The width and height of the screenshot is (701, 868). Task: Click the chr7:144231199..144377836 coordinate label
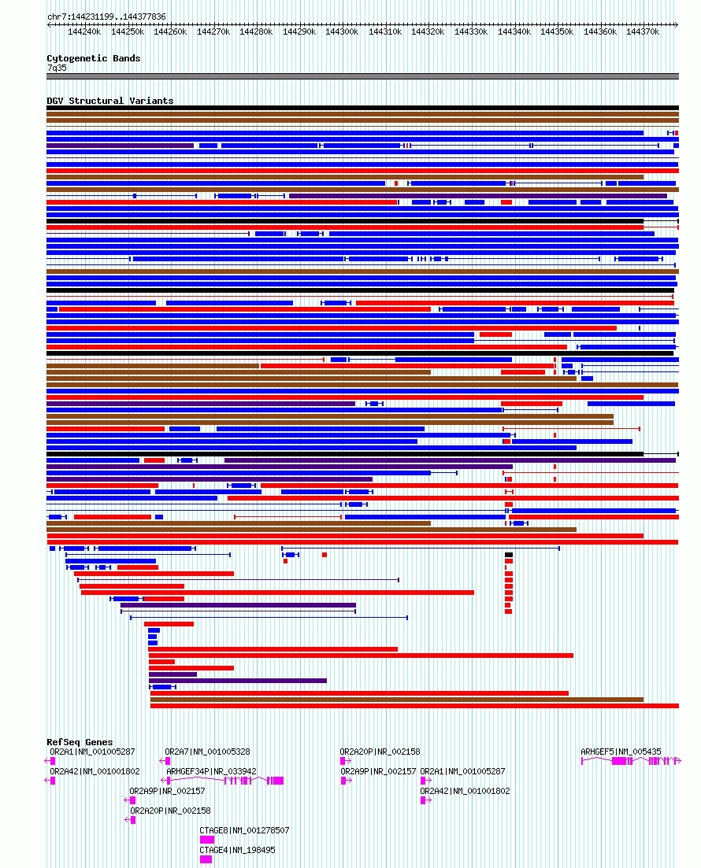pos(106,17)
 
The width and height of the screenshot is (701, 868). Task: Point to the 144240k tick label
pos(83,31)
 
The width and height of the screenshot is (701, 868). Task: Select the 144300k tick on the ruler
pos(342,31)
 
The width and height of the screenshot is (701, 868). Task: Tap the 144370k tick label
pos(643,31)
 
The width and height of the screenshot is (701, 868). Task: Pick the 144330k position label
pos(471,31)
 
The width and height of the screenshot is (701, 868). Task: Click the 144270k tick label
pos(213,31)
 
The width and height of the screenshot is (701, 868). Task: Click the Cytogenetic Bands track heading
pos(93,58)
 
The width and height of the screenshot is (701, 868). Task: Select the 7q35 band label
pos(57,68)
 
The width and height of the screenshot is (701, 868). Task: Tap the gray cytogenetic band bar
pos(362,76)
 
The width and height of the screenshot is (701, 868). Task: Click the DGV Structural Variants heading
pos(109,101)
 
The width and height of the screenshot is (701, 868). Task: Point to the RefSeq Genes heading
pos(80,742)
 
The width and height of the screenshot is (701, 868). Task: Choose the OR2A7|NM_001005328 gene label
pos(207,752)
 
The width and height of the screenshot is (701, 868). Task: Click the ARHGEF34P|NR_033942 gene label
pos(211,771)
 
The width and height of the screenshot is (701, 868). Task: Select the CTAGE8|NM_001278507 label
pos(244,830)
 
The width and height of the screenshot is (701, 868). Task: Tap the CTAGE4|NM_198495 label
pos(237,850)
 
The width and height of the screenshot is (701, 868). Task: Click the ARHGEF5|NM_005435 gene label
pos(621,752)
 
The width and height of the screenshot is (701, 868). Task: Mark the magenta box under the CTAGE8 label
pos(206,840)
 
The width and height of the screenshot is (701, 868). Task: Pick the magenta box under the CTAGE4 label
pos(206,859)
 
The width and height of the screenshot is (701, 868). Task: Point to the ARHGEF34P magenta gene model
pos(236,781)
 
